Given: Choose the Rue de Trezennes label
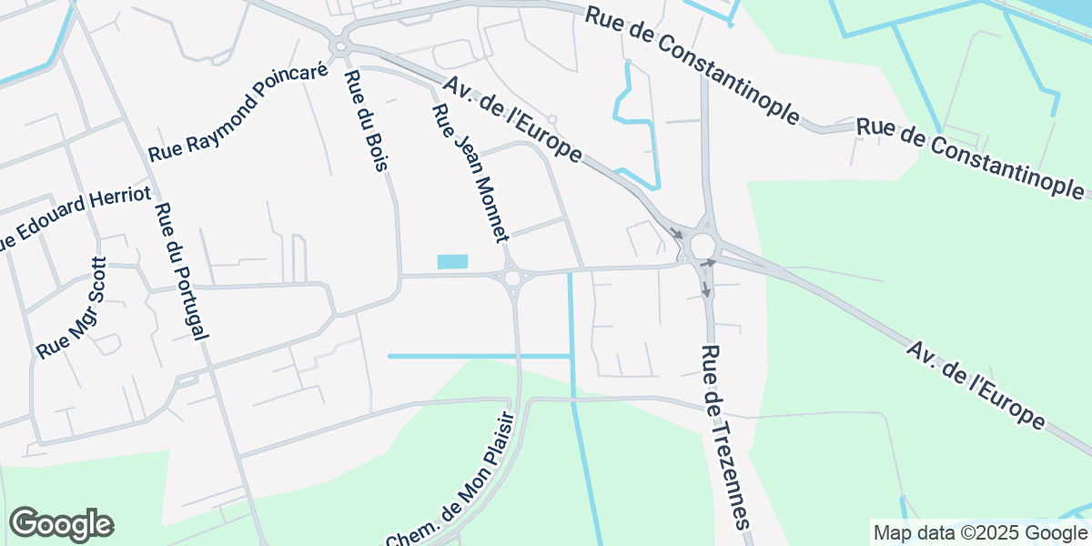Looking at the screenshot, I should pos(727,436).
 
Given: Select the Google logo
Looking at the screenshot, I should pos(62,524).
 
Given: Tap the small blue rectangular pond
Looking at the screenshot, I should pos(452,262).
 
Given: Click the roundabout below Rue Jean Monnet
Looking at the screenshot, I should pos(512,277).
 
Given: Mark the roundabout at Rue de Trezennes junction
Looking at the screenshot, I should pos(702,244).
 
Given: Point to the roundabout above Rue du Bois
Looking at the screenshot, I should pos(341,45).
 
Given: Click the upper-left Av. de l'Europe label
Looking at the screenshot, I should pos(512,119).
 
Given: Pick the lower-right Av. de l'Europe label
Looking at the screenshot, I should pos(975,385).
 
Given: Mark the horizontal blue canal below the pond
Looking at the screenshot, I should pos(479,356).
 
